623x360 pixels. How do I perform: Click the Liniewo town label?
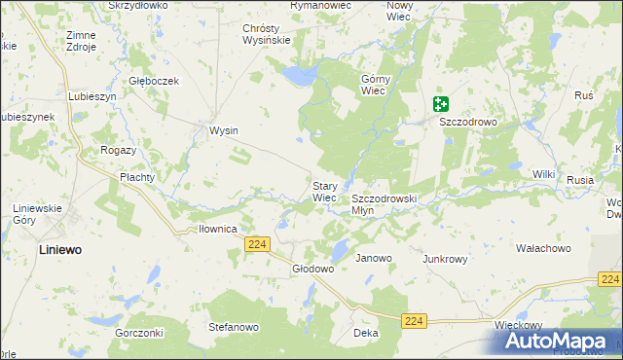[60, 250]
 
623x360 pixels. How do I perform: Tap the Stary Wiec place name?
[324, 192]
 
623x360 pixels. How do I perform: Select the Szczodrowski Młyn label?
[384, 203]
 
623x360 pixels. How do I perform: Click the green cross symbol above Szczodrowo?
[441, 103]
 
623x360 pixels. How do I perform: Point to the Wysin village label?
[224, 130]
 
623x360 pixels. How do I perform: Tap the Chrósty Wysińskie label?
[267, 34]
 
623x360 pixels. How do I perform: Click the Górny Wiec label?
[375, 85]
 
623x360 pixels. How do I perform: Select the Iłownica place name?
[218, 230]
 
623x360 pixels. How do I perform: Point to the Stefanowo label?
[232, 328]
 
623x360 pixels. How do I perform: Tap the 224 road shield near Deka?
[415, 320]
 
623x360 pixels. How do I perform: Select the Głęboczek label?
[155, 81]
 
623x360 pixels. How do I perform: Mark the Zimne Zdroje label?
[81, 41]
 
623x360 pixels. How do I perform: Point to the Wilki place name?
[543, 174]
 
